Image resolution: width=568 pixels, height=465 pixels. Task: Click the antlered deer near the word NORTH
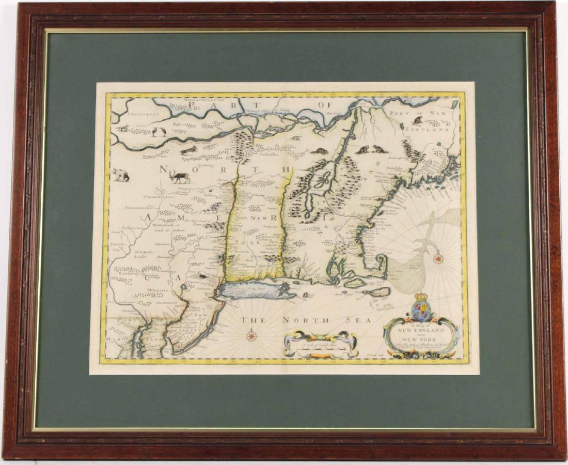pos(180,177)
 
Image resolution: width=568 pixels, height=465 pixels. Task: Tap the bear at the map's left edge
pos(121,175)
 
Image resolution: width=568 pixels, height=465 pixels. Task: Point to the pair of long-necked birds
pos(159,131)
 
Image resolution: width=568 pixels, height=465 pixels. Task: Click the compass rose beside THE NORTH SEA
pos(251,336)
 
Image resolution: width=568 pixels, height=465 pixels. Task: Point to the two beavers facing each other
pos(370,150)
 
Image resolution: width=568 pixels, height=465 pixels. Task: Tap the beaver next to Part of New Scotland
pos(417,121)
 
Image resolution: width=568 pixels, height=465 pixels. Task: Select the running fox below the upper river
pos(188,150)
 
